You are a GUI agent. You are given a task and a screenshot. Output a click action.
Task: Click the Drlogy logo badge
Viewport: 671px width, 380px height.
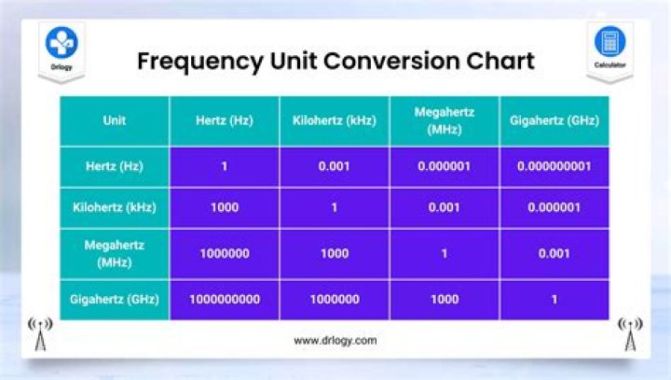(x=62, y=47)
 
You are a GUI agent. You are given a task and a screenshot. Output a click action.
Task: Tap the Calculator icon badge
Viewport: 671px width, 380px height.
(x=609, y=47)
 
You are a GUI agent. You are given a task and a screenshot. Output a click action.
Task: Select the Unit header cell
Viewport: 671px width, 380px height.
(x=115, y=120)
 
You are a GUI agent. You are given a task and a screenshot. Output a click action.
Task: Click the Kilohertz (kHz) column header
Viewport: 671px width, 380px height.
(x=334, y=120)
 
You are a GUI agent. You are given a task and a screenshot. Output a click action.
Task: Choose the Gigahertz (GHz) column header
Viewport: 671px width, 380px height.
(x=555, y=120)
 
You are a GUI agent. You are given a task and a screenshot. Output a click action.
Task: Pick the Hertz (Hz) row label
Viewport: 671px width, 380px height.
(x=115, y=166)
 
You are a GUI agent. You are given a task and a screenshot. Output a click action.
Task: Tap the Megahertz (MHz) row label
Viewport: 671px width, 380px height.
(x=115, y=253)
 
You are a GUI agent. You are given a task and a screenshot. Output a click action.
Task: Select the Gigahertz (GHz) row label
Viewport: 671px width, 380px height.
(x=115, y=300)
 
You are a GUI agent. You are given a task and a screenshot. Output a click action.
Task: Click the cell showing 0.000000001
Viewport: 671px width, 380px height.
(x=555, y=166)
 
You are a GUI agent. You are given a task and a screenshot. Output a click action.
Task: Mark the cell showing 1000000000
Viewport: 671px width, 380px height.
(x=225, y=300)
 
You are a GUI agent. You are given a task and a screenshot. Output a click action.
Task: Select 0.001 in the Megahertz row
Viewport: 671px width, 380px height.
(x=555, y=253)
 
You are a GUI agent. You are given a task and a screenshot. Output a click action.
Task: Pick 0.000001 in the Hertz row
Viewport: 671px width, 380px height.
(x=444, y=166)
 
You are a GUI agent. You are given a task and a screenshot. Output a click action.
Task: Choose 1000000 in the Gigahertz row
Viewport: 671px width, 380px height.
(x=334, y=300)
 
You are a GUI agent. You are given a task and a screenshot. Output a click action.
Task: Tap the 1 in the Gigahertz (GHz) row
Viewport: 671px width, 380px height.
(x=555, y=300)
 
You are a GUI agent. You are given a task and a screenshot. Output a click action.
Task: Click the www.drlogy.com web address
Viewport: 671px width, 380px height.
(x=335, y=341)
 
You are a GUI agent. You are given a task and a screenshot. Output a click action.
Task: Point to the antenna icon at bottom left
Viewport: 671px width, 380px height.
(x=39, y=334)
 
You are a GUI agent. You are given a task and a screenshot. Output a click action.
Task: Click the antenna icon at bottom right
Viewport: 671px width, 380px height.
(x=631, y=334)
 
